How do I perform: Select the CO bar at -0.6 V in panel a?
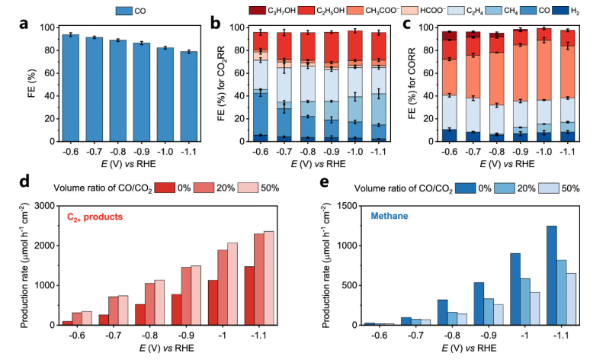[x=71, y=88]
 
